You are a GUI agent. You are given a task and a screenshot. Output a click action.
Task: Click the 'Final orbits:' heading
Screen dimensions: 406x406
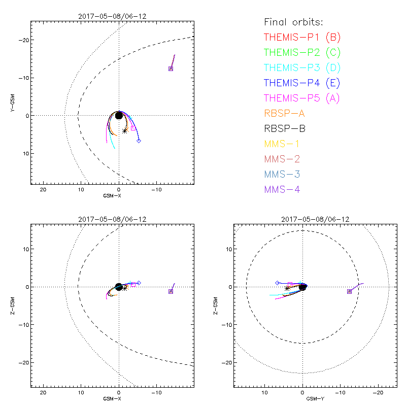pyautogui.click(x=293, y=22)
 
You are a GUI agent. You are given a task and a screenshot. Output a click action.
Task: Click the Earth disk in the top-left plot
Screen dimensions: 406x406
pyautogui.click(x=119, y=116)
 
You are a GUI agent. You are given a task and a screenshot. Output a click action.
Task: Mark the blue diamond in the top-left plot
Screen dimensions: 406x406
pyautogui.click(x=139, y=141)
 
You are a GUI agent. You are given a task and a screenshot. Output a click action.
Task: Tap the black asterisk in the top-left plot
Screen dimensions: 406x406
pyautogui.click(x=125, y=130)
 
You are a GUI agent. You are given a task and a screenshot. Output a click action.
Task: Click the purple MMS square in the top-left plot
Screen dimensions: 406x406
pyautogui.click(x=171, y=69)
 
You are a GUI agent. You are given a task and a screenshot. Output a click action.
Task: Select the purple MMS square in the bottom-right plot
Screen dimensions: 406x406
pyautogui.click(x=349, y=291)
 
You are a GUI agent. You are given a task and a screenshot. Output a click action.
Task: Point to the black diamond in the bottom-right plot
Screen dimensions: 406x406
pyautogui.click(x=277, y=283)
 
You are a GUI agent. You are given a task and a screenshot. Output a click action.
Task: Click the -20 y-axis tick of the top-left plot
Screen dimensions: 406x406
pyautogui.click(x=23, y=40)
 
